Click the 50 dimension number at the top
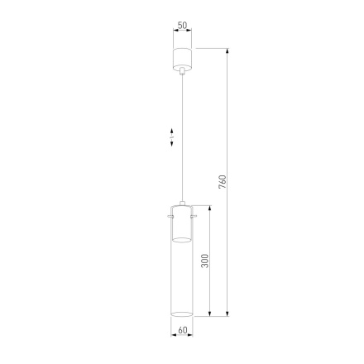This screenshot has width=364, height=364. coord(183,26)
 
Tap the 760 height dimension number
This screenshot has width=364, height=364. coord(222,181)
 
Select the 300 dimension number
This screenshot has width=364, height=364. coord(205,260)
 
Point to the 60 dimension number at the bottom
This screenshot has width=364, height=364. coord(183,331)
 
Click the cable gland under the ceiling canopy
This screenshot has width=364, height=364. coord(182,75)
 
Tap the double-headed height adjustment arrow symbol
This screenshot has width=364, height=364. coord(172,136)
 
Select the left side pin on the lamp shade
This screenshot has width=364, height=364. coord(169,217)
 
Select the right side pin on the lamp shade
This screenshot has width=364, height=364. coord(196,217)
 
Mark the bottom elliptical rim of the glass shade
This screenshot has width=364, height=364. coord(182,315)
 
